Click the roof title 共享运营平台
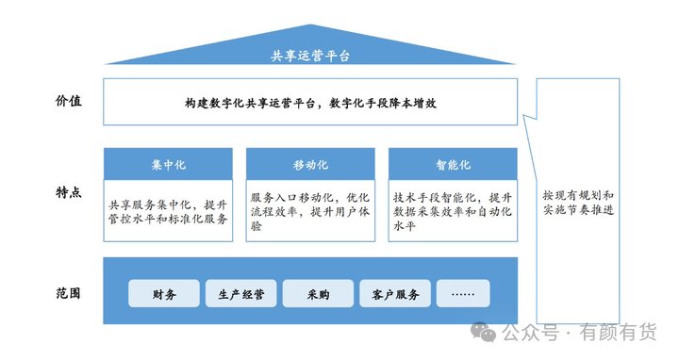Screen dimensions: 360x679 click(x=310, y=56)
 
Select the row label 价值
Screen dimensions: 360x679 click(x=68, y=100)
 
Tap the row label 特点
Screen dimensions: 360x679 click(x=68, y=192)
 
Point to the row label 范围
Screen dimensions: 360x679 click(x=68, y=293)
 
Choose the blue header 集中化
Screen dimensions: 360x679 click(x=169, y=164)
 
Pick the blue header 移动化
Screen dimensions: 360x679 click(x=310, y=164)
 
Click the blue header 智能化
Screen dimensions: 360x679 click(x=453, y=164)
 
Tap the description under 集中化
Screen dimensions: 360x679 click(x=169, y=211)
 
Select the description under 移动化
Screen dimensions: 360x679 click(x=310, y=212)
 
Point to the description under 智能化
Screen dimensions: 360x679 click(x=453, y=212)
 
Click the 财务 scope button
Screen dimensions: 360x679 click(x=164, y=294)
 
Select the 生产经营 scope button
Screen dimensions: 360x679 click(x=241, y=294)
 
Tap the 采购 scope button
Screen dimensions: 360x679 click(x=318, y=294)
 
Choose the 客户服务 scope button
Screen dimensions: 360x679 click(x=395, y=294)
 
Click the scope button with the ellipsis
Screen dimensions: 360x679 click(x=463, y=294)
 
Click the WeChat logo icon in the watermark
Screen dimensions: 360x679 click(x=484, y=332)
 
